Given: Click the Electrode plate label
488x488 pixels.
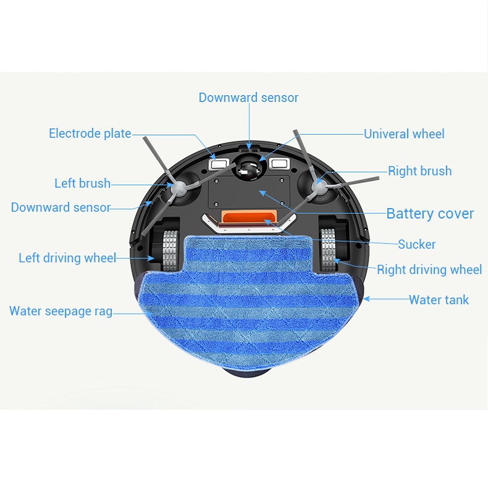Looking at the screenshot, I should pos(90,133).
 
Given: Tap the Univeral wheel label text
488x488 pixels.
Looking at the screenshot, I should pos(404,134).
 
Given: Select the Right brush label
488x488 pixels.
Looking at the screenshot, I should pos(419,171).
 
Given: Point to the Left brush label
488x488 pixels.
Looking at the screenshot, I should pos(82,183).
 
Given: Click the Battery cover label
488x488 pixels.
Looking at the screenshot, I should pos(430,214).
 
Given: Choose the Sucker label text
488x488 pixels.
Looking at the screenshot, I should pos(416,245).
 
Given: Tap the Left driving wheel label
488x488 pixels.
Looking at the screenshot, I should pos(67,258).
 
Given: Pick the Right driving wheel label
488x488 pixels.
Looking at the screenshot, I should pos(429,269).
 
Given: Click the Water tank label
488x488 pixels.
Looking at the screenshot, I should pos(439,300).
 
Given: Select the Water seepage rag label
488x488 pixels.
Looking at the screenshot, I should pos(61,311).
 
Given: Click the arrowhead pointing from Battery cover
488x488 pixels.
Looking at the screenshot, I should pos(261,192).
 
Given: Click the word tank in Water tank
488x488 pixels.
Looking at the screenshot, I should pos(455,300).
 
